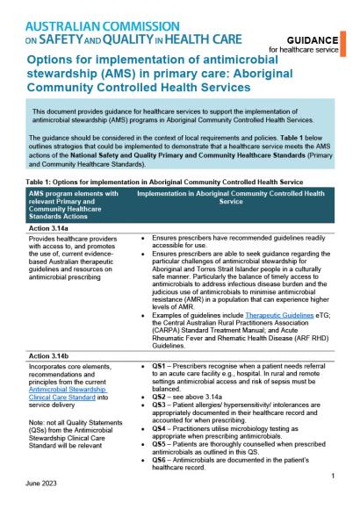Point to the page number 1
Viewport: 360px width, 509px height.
point(334,476)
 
